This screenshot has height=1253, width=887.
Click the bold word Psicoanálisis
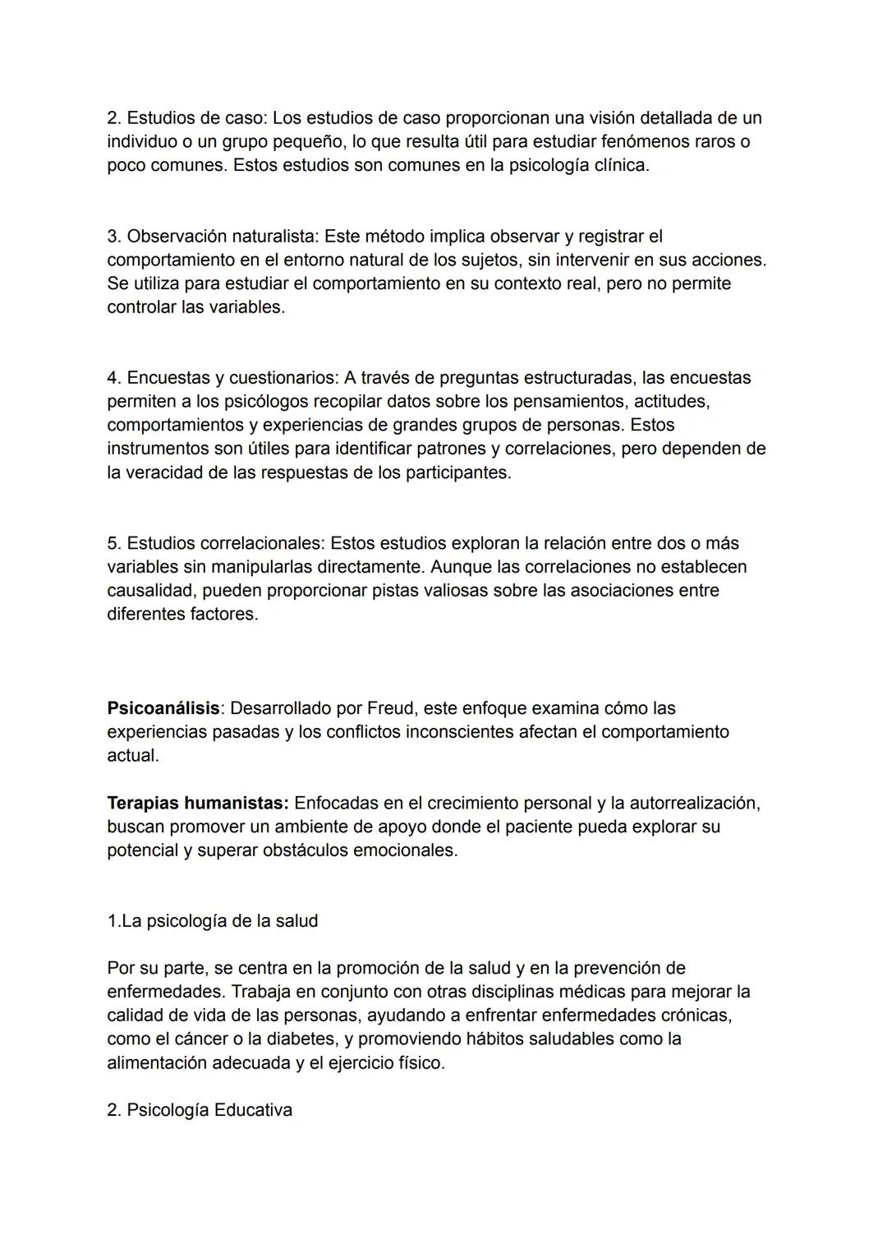(x=163, y=708)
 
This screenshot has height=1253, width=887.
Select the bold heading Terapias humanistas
(x=197, y=803)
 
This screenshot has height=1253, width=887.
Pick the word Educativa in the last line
(x=253, y=1110)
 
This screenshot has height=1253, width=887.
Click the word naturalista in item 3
(x=274, y=237)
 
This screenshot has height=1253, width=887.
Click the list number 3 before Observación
(x=113, y=237)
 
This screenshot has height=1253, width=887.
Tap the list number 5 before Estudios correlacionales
(x=113, y=544)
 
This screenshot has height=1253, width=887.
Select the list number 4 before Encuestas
(x=113, y=378)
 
